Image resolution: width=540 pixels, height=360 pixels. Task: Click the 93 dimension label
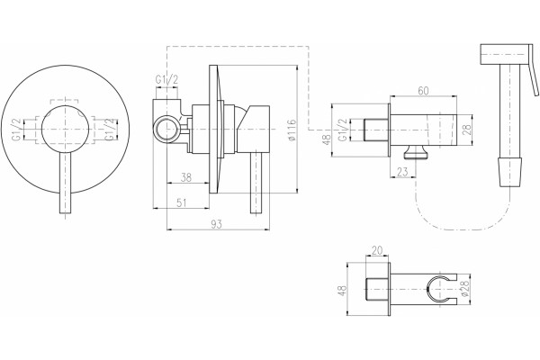[x=217, y=224]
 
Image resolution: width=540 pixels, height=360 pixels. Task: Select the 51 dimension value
[x=181, y=202]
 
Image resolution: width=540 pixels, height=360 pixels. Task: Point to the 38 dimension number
[x=186, y=177]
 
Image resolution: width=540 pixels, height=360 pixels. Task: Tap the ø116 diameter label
[x=292, y=130]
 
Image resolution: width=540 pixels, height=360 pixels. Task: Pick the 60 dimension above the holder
[x=423, y=91]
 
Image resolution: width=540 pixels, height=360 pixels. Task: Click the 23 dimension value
[x=402, y=172]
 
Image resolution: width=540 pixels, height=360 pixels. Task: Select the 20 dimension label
[x=377, y=250]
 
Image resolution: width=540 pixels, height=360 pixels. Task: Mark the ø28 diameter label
[x=463, y=289]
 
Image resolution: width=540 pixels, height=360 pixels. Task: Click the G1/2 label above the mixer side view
[x=166, y=80]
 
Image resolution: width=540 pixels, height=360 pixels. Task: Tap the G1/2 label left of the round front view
[x=16, y=130]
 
